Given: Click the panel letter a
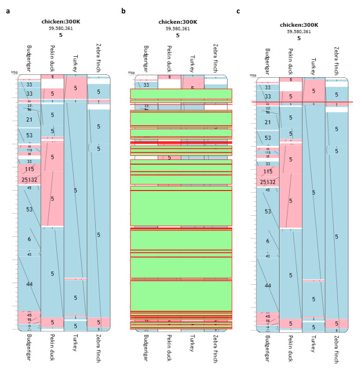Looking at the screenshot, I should (7, 11).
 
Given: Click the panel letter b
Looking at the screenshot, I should (124, 11).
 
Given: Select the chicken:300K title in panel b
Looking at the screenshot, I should (178, 22).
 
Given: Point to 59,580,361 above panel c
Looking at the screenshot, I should (299, 32).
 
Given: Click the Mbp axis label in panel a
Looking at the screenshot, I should (14, 72).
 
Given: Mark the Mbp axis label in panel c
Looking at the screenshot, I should (252, 76).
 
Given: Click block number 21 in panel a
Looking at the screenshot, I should (29, 120).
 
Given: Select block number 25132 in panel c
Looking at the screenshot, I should (268, 182).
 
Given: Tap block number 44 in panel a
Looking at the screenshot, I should (29, 284).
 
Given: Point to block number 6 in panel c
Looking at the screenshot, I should (268, 240).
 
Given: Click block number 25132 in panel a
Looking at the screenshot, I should (29, 180).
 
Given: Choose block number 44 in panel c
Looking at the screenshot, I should (268, 285).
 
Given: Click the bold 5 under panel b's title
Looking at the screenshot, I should (178, 36).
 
